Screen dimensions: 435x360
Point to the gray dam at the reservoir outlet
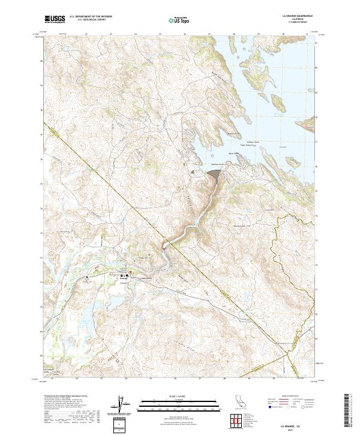pos(214,173)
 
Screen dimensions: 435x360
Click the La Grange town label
pos(125,278)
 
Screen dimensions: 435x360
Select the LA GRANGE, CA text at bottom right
pos(296,424)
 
